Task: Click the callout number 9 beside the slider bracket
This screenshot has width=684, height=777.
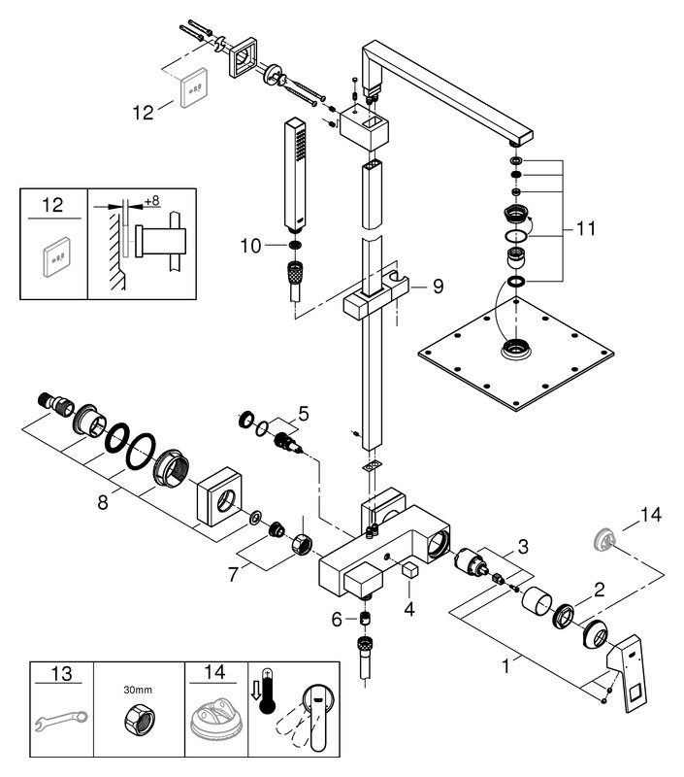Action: pyautogui.click(x=438, y=287)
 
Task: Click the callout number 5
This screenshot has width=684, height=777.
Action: pyautogui.click(x=304, y=416)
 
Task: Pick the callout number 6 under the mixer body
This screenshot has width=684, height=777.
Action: pyautogui.click(x=338, y=618)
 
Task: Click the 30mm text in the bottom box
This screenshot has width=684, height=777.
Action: pyautogui.click(x=138, y=689)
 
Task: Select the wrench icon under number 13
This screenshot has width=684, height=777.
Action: pyautogui.click(x=59, y=720)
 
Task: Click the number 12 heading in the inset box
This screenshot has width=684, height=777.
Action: pyautogui.click(x=53, y=205)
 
